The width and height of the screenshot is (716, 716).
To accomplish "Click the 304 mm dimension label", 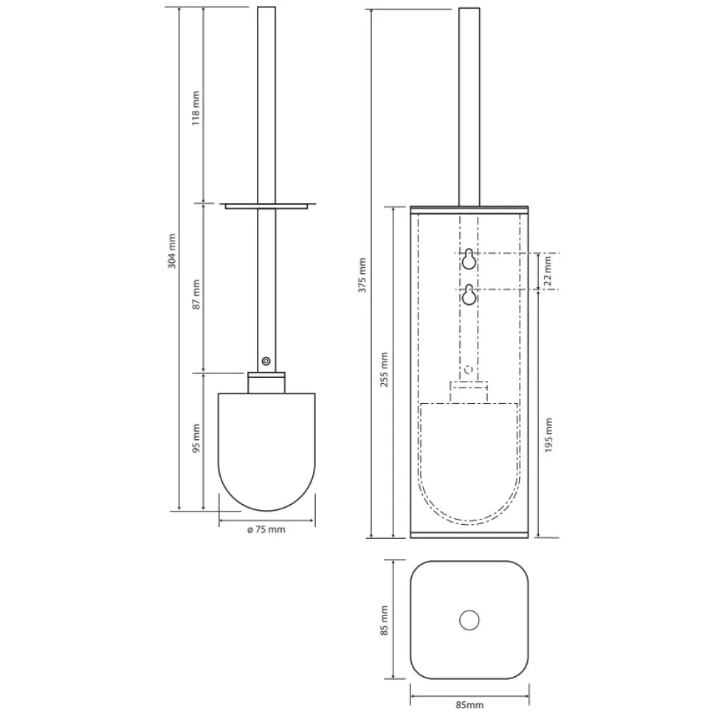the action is point(172,251).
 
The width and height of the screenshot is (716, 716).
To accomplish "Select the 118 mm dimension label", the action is point(196,109).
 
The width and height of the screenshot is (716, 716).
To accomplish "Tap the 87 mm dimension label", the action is point(196,295).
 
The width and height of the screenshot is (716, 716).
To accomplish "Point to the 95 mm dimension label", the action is point(196,438).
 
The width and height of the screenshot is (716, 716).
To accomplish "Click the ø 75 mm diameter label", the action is point(266,529).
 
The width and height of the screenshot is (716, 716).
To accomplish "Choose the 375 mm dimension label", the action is point(362,275).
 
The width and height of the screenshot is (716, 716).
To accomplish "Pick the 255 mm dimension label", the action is point(384,369).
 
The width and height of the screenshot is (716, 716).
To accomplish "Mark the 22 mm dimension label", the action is point(548,271).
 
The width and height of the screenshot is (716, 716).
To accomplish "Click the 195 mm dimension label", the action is point(548,436).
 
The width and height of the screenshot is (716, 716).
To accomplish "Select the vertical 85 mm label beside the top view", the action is point(384,620).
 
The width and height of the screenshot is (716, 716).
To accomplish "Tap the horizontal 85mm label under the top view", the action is point(470,705).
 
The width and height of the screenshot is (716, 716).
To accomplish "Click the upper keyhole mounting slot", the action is point(469,259).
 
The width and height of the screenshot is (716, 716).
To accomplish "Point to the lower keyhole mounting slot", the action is point(469,295).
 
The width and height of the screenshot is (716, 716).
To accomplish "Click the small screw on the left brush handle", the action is point(266,361).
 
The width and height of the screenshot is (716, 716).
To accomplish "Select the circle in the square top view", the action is point(469,620).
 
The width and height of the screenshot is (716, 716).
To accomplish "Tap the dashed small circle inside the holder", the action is point(469,369).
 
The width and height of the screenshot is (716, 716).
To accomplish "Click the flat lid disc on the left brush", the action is point(266,206).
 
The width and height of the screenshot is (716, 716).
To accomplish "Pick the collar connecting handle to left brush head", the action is point(266,382).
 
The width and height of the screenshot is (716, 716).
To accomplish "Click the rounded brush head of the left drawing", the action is point(266,452).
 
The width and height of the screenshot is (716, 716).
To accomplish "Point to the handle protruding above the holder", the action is point(469,107).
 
